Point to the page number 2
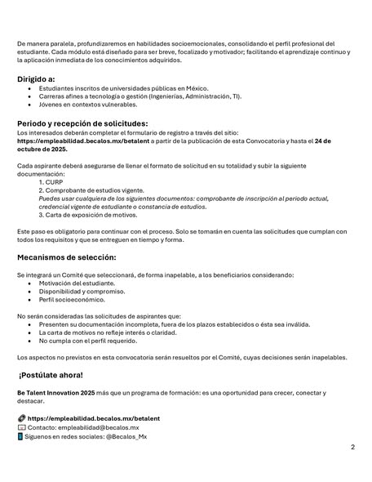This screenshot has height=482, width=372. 352,448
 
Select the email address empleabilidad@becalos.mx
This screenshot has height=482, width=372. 99,427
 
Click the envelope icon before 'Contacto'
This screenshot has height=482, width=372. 21,427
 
